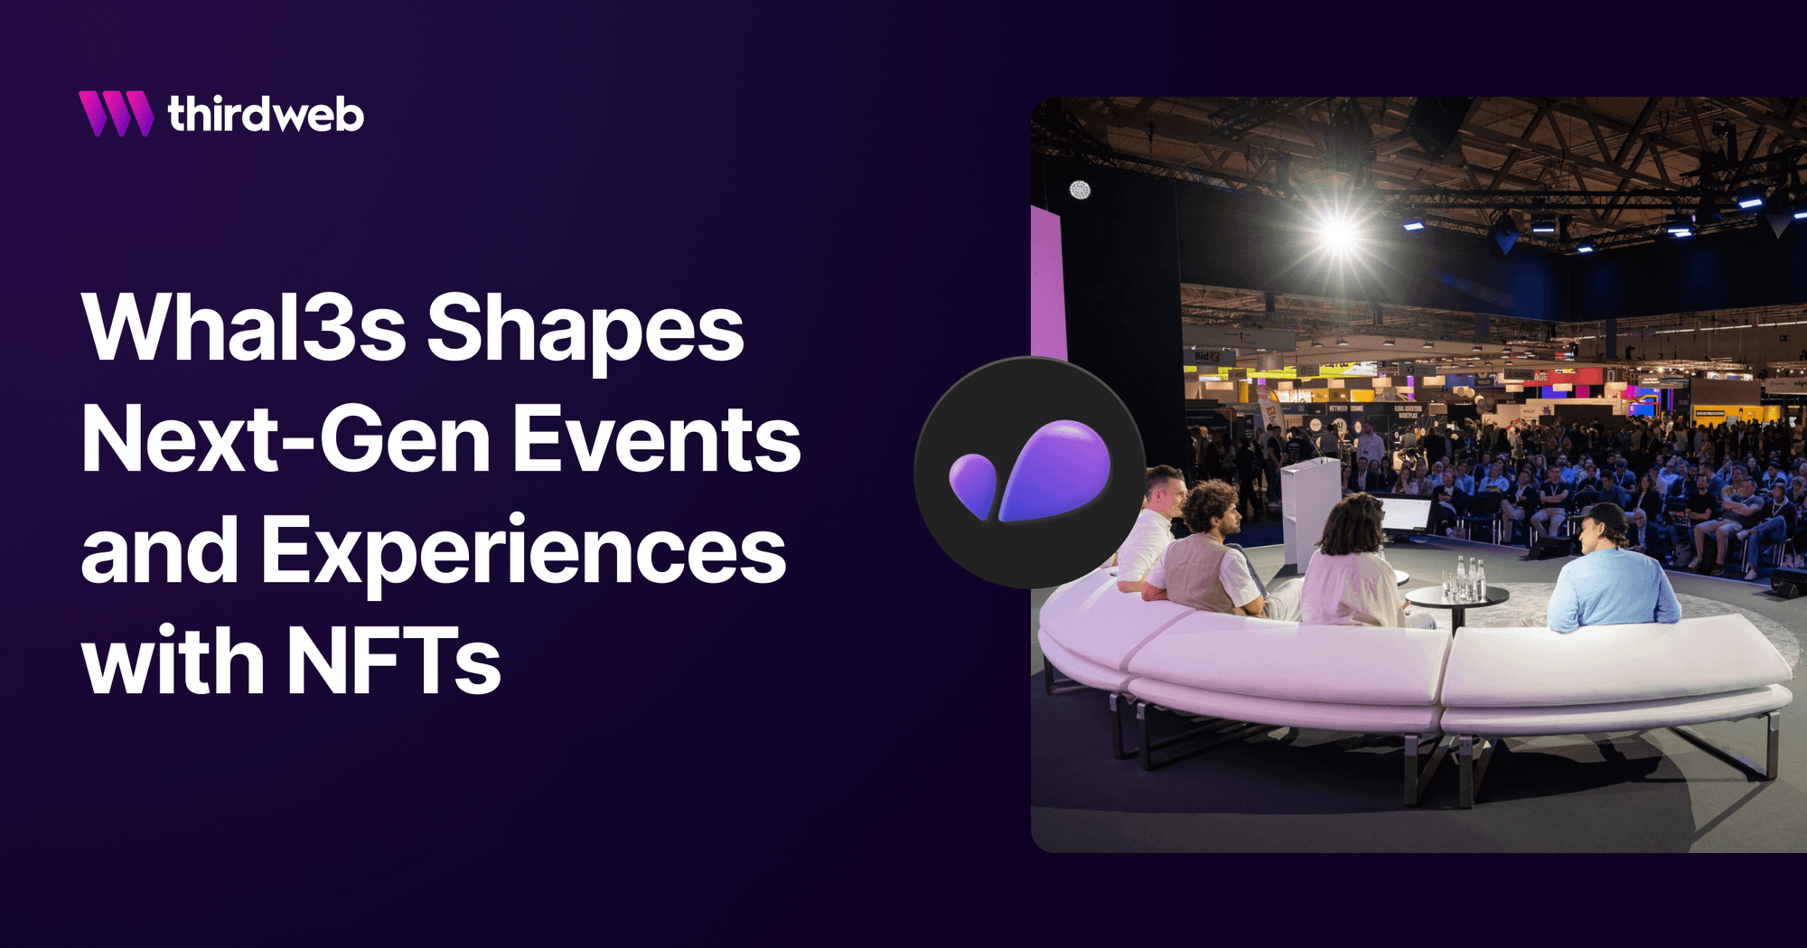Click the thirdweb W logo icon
(x=116, y=114)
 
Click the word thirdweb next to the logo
(x=266, y=115)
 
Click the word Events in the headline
(x=657, y=440)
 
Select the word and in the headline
(x=160, y=551)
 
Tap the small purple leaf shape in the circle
(x=972, y=483)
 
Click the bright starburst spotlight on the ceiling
(x=1339, y=233)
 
